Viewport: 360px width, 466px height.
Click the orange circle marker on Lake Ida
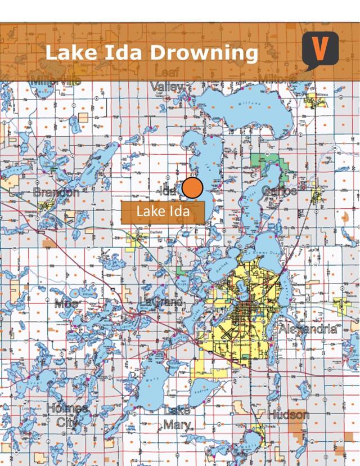192,188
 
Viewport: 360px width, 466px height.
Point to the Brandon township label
56,192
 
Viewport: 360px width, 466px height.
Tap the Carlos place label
279,191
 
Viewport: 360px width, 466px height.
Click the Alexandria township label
308,329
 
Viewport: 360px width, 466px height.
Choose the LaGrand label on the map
161,303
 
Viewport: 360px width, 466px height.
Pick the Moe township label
66,304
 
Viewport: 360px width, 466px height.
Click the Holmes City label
67,414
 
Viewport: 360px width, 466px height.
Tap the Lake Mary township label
177,418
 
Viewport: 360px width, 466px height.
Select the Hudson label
288,415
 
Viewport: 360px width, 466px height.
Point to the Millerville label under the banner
56,81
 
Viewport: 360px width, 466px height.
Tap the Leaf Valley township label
168,80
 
